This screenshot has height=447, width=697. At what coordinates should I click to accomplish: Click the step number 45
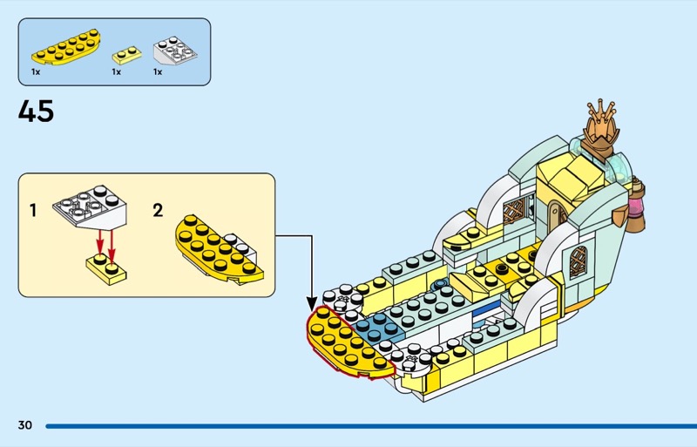coord(36,112)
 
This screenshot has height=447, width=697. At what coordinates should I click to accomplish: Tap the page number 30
coord(24,425)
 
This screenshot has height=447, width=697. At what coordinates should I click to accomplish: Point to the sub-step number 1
coord(33,210)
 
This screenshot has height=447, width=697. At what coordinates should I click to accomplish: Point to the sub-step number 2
coord(158,210)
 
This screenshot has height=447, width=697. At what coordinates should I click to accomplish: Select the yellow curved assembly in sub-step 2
coord(219,247)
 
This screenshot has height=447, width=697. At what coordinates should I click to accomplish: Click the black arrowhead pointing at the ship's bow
coord(312,304)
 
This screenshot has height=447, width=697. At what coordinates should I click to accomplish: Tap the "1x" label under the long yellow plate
coord(36,72)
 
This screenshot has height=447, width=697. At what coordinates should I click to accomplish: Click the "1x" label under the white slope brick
coord(159,72)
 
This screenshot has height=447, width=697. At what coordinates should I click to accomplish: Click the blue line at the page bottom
coord(366,426)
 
